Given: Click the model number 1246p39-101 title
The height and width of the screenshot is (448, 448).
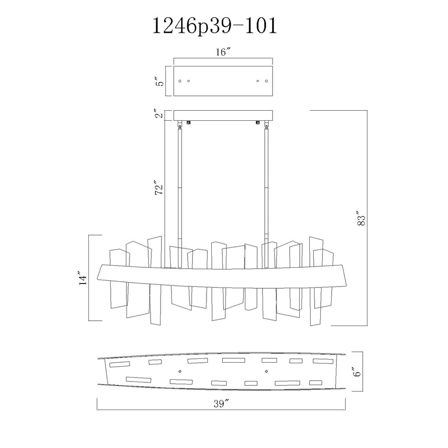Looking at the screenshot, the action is pos(215,26).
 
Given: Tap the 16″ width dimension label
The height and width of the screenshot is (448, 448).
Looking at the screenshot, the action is pos(223,52).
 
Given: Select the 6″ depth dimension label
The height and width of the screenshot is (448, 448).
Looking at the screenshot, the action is pos(357,371).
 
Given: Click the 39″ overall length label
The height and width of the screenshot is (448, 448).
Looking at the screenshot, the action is pos(222,404).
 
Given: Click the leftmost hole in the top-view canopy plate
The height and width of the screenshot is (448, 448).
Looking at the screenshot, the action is pos(180,81).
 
